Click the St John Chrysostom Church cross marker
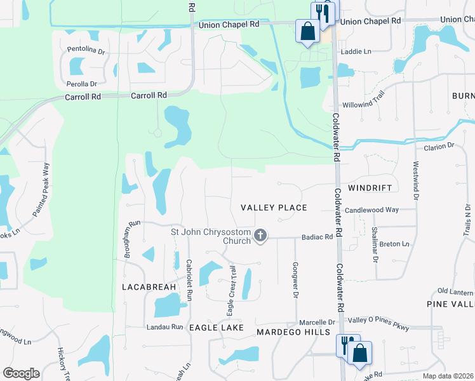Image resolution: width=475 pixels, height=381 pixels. click(x=259, y=236)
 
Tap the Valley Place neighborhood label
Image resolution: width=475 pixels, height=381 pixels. click(x=274, y=208)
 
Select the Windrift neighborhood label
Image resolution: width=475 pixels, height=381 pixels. click(x=375, y=188)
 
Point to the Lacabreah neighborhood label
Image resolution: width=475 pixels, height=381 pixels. click(x=149, y=287)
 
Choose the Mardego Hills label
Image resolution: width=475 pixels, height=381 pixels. click(x=293, y=332)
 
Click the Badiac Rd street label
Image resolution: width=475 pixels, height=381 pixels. click(x=317, y=237)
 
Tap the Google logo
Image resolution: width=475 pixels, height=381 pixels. click(x=20, y=373)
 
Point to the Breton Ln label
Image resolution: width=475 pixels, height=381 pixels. click(x=394, y=244)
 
